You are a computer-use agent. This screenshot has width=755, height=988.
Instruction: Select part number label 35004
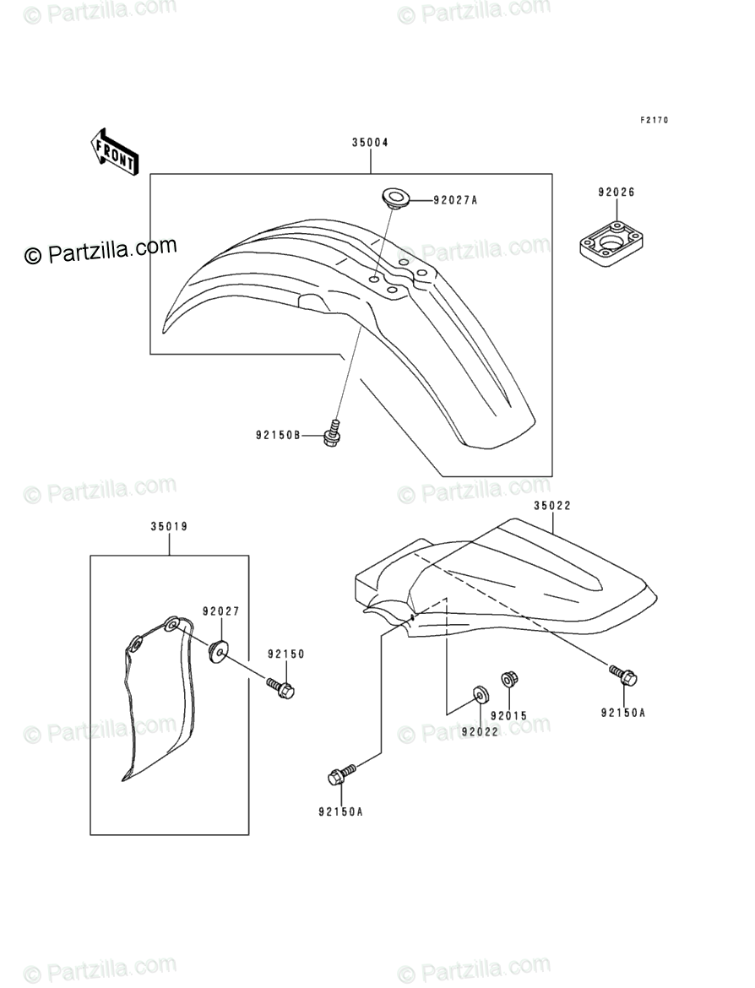pos(370,143)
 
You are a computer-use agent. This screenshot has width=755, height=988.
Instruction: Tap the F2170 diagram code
pos(653,120)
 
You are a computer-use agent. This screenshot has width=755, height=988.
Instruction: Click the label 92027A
pos(455,201)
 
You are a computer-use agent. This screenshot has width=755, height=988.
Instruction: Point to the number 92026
pos(616,193)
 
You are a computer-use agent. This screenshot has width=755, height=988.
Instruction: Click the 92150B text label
pos(279,436)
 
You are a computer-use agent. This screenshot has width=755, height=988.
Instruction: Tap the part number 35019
pos(169,526)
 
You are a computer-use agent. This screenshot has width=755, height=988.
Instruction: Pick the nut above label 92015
pos(508,678)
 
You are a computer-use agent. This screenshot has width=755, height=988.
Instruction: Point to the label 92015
pos(508,716)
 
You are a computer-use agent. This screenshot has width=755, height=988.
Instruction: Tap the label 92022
pos(480,731)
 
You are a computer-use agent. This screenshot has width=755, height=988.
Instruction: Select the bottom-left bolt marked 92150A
pos(340,774)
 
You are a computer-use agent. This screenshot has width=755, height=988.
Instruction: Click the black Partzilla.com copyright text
pos(100,251)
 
